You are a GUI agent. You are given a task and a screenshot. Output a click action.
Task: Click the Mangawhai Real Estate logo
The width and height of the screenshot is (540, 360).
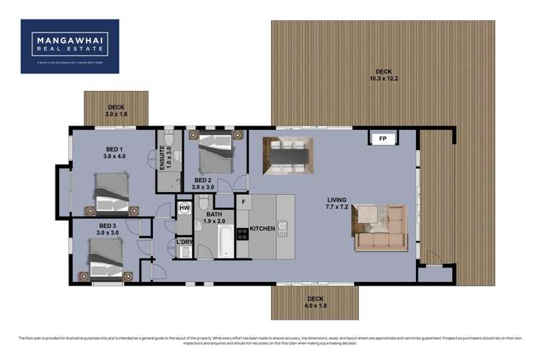(70, 46)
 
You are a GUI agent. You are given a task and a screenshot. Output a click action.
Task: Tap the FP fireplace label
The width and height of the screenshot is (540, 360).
(382, 138)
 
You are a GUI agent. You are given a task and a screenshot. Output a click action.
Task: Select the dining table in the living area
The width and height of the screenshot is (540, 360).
(288, 154)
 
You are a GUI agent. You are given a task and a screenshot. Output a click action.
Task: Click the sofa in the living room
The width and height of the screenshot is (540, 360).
(381, 227)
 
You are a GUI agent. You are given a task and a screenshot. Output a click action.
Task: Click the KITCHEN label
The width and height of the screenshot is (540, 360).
(262, 229)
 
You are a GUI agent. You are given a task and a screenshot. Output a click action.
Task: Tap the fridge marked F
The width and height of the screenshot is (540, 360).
(244, 201)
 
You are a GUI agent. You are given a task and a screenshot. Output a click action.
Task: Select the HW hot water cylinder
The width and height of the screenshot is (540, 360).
(184, 208)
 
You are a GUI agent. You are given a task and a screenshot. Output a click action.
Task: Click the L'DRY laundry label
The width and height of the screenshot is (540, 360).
(185, 242)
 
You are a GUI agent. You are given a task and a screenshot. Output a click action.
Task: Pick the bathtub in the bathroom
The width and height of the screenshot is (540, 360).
(224, 242)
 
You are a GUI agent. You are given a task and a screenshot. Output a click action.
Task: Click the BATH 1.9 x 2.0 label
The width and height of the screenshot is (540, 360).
(215, 217)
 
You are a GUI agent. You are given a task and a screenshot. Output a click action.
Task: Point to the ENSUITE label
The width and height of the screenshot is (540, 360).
(163, 158)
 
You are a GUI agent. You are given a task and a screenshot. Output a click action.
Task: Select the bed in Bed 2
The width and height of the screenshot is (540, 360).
(214, 152)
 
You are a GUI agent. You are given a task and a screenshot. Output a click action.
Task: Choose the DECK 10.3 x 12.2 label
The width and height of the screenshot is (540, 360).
(384, 74)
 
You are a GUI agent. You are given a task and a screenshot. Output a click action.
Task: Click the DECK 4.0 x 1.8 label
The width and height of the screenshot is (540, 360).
(315, 302)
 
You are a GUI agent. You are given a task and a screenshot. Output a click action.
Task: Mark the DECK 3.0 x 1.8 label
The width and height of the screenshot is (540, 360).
(115, 110)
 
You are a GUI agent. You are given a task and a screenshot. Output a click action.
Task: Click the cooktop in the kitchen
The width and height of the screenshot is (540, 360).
(243, 233)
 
